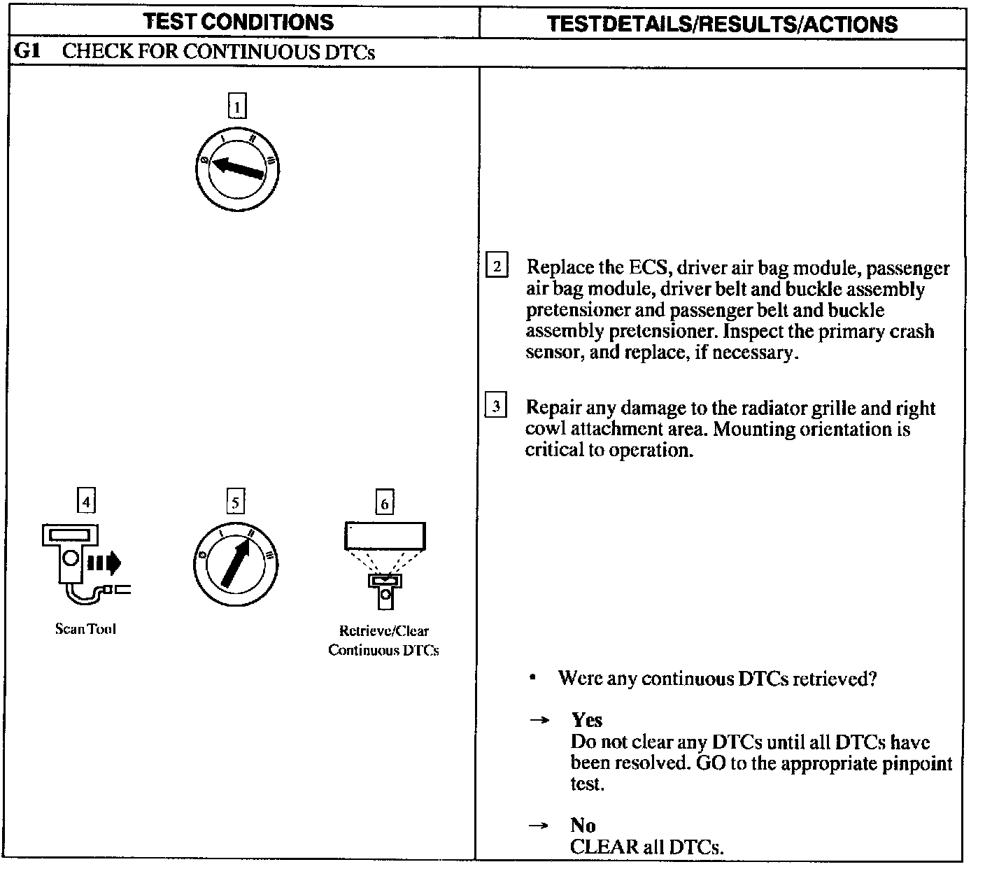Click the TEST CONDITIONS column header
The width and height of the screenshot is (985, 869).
pos(239,22)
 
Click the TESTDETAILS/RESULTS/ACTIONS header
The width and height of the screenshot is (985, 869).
pos(722,24)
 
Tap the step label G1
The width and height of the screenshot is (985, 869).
pos(27,52)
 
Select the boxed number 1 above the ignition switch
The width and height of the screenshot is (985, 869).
pos(238,107)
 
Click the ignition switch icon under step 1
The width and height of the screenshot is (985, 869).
pos(238,169)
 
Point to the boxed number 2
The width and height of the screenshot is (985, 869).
pos(497,267)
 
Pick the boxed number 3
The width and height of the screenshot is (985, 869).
pos(496,407)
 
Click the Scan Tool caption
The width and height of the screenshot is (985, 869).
pos(85,629)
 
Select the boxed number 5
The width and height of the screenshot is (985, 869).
pos(235,502)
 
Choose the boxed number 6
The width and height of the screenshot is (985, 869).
pos(384,503)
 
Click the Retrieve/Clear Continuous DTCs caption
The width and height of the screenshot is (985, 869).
pos(384,640)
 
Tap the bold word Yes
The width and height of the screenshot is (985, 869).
pos(586,720)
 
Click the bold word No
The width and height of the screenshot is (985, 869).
pos(582,825)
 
